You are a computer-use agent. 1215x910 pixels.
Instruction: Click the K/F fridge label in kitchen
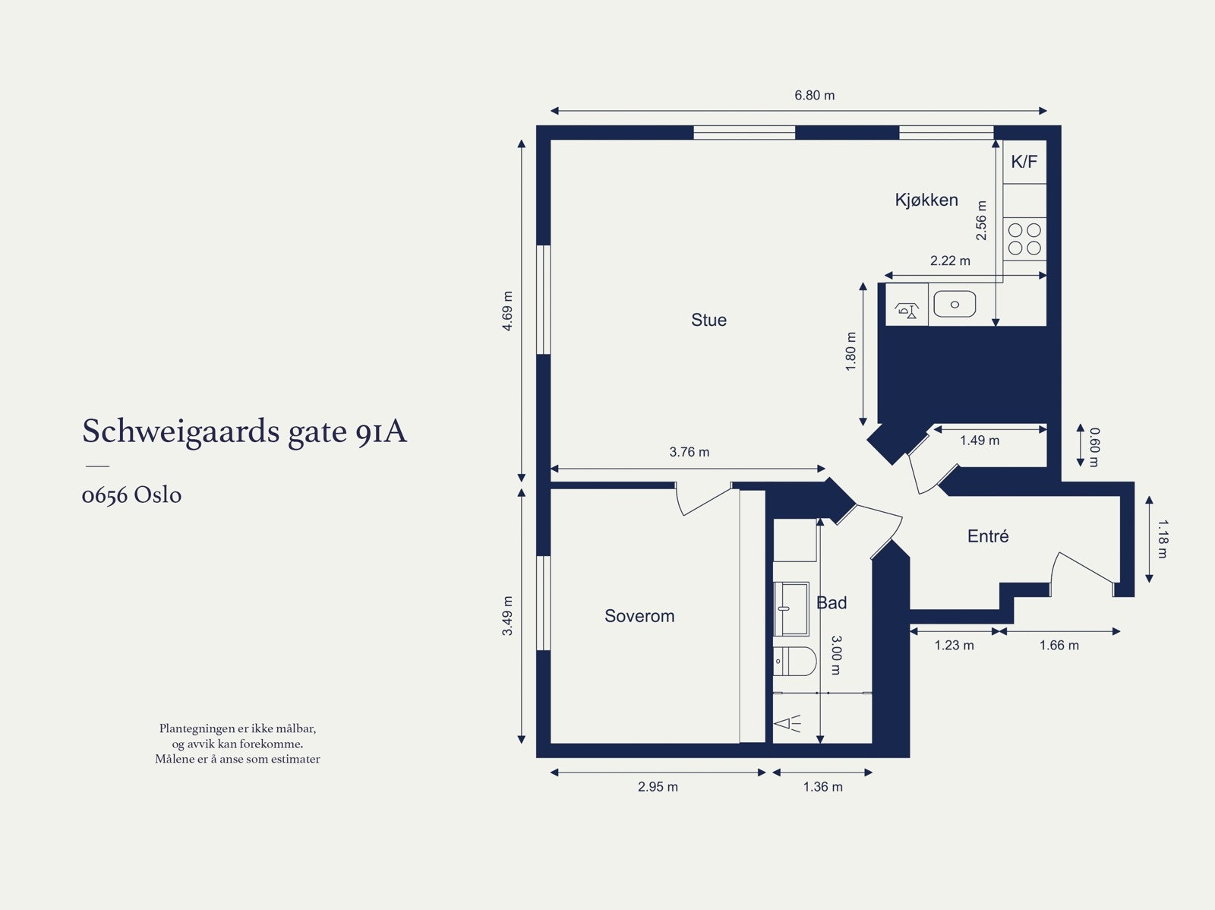pyautogui.click(x=1024, y=162)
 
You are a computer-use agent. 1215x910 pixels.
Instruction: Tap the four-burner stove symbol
pyautogui.click(x=1024, y=239)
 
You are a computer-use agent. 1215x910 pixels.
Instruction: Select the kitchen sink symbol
pyautogui.click(x=955, y=304)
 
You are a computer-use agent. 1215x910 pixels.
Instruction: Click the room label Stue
pyautogui.click(x=708, y=320)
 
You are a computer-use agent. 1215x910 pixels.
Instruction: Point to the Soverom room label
pyautogui.click(x=639, y=616)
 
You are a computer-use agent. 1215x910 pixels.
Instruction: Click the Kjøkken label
pyautogui.click(x=926, y=200)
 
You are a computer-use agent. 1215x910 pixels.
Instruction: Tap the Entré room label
pyautogui.click(x=988, y=536)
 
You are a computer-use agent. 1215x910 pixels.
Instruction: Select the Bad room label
pyautogui.click(x=832, y=602)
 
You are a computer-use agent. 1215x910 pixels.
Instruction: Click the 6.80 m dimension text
pyautogui.click(x=814, y=96)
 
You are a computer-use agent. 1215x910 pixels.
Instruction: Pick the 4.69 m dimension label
pyautogui.click(x=507, y=311)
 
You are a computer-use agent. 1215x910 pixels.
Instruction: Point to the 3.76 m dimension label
pyautogui.click(x=689, y=452)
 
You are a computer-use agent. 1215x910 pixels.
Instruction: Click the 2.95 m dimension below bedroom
pyautogui.click(x=658, y=787)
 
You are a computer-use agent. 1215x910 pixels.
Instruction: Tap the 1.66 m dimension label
pyautogui.click(x=1059, y=646)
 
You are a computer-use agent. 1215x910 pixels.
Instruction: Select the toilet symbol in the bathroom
pyautogui.click(x=794, y=661)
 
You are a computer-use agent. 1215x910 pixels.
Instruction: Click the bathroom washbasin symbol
pyautogui.click(x=791, y=608)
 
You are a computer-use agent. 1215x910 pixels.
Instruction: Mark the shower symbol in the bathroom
pyautogui.click(x=787, y=723)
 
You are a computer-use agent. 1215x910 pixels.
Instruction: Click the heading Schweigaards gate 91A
pyautogui.click(x=245, y=431)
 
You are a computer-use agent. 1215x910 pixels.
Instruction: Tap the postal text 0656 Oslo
pyautogui.click(x=131, y=495)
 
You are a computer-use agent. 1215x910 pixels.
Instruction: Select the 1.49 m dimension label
pyautogui.click(x=979, y=441)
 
